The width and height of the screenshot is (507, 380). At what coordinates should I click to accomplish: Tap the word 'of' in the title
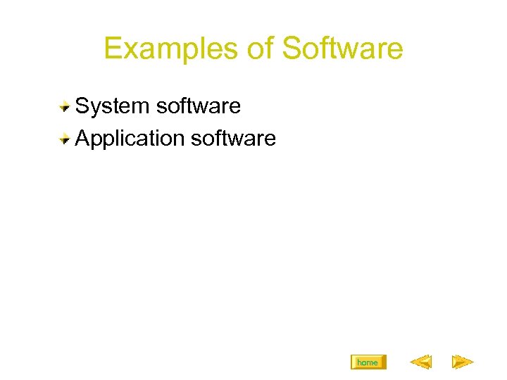pos(261,49)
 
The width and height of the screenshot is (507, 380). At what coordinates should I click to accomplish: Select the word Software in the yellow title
pos(343,49)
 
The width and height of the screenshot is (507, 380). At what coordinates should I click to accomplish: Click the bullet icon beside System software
pos(64,107)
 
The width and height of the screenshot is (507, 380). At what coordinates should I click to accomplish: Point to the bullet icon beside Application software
pos(64,139)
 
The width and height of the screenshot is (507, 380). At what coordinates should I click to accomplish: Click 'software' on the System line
pos(199,107)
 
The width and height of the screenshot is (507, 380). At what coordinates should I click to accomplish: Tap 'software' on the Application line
pos(234,139)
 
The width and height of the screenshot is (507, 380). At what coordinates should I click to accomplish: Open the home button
pos(368,362)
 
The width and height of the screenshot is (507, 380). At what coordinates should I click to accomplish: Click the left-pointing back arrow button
pos(420,362)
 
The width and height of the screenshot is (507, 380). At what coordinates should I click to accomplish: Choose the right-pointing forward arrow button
pos(462,362)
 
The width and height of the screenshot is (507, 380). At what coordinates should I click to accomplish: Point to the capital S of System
pos(82,107)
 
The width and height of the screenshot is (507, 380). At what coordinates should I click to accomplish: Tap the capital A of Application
pos(82,139)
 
